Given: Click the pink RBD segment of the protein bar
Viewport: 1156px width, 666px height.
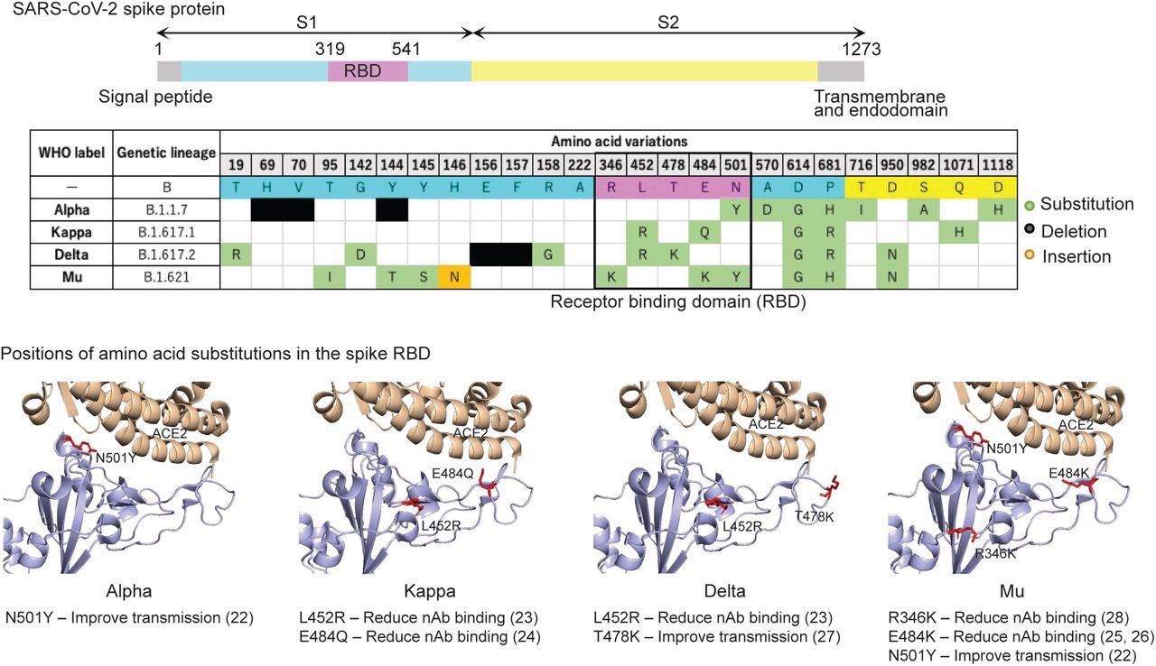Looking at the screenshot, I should (368, 72).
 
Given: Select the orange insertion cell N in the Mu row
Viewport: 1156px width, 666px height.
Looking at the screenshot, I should (455, 277).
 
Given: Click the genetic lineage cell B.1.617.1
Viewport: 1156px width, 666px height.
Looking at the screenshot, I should (167, 231).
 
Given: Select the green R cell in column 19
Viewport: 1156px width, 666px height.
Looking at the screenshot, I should (236, 254).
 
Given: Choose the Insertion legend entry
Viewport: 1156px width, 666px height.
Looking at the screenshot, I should (1075, 256).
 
